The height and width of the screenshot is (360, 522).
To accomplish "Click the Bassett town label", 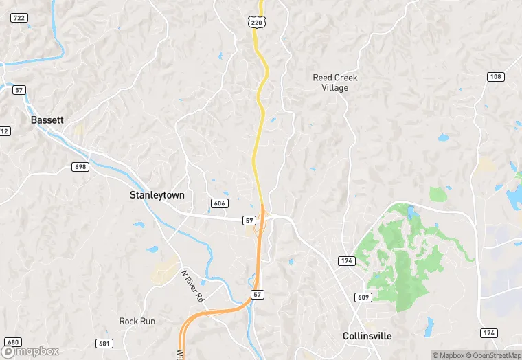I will point(47,120).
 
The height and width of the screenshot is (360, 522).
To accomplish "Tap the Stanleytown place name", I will point(157,195).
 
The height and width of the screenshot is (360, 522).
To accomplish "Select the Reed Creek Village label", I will point(335,82).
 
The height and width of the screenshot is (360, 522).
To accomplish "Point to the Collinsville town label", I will point(367,336).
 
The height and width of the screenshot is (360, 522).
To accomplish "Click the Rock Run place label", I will point(137,321).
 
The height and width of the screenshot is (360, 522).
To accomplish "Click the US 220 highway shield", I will point(256,23).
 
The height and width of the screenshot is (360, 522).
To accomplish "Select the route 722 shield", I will point(19,18).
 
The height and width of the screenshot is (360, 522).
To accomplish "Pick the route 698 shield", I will point(80,167).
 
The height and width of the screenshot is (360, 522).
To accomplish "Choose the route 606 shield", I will point(219,203).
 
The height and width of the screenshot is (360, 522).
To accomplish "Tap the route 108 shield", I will point(495,76).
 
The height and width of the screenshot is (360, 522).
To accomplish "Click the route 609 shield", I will point(364,297).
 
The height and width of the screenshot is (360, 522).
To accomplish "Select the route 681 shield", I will point(104,344).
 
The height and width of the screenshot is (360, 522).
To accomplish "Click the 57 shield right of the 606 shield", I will point(249,220).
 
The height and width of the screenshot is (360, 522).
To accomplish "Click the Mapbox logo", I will point(32,350).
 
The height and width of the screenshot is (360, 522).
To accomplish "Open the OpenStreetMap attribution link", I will point(492,355).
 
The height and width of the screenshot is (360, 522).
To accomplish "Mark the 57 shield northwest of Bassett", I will point(19,90).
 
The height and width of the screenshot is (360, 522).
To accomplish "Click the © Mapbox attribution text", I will point(447,355).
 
